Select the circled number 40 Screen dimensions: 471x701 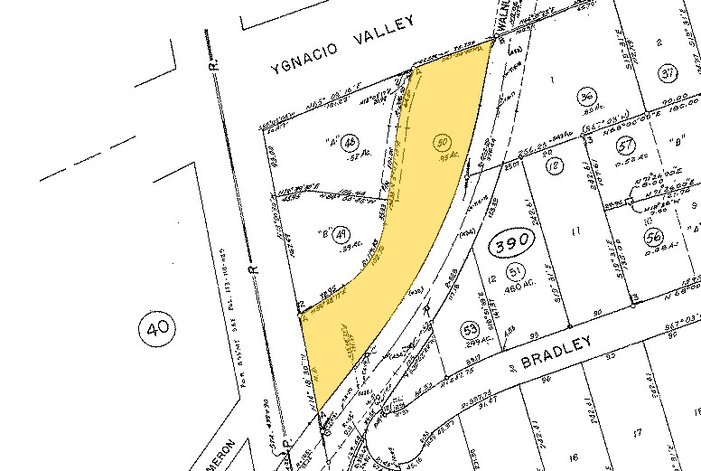pyautogui.click(x=159, y=331)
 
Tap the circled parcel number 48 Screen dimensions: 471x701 pyautogui.click(x=350, y=141)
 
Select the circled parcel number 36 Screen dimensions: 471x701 pyautogui.click(x=585, y=99)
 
